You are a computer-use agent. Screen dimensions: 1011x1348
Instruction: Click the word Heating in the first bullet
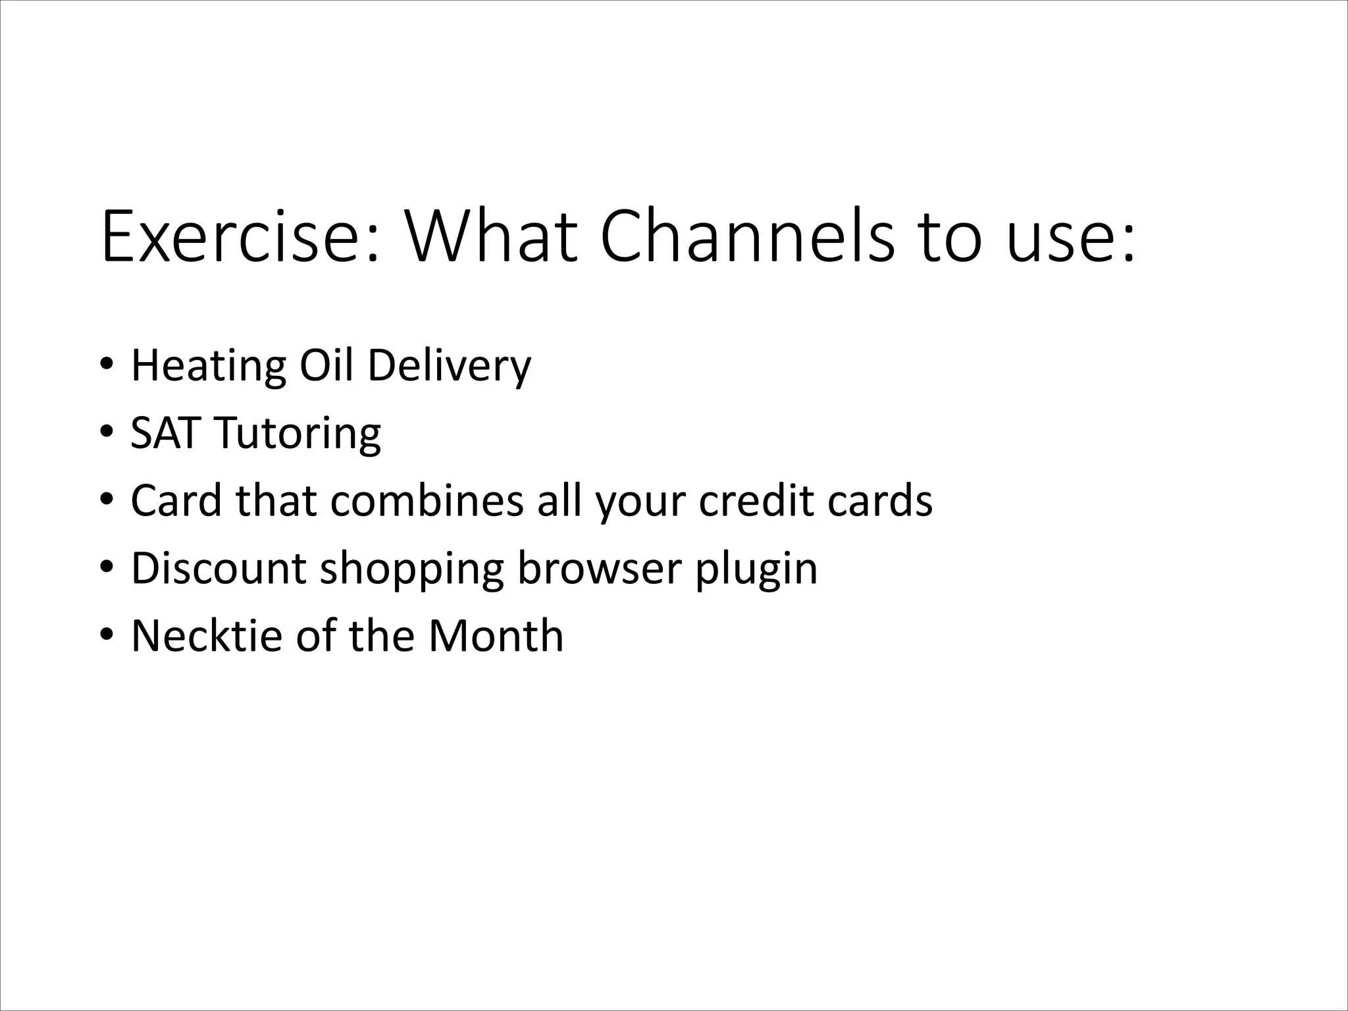209,367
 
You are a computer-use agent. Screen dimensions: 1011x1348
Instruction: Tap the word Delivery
449,367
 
